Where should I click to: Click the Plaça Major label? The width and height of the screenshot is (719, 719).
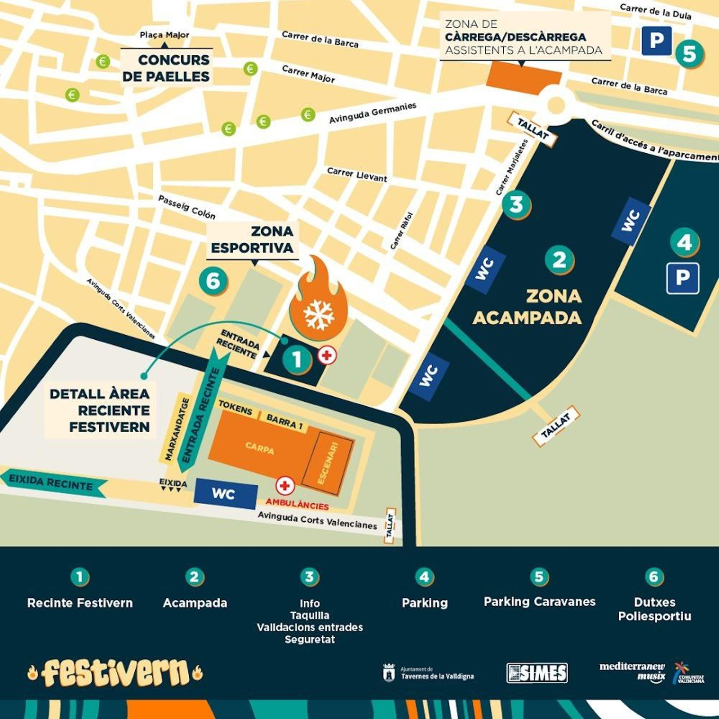tap(164, 35)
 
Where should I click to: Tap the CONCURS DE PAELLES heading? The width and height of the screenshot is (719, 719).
tap(166, 68)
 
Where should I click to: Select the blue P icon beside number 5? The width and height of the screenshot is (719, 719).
tap(656, 41)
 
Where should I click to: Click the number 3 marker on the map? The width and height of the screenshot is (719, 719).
tap(516, 205)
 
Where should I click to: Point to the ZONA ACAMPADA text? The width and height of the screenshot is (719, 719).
tap(528, 307)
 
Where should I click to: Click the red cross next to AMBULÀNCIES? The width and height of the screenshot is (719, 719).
tap(285, 485)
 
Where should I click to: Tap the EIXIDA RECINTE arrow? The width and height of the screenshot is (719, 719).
tap(53, 483)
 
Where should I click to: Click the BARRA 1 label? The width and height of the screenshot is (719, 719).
tap(284, 422)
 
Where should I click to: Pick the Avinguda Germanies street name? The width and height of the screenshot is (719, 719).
tap(373, 113)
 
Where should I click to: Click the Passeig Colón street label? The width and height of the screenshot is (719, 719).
tap(186, 207)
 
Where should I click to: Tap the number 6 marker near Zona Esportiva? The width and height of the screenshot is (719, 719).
tap(213, 281)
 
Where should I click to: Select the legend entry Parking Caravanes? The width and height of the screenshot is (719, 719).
tap(539, 601)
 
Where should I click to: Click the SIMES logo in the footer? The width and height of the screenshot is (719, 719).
tap(537, 673)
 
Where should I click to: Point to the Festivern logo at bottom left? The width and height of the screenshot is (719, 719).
tap(115, 673)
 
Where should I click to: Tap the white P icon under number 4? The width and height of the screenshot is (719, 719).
tap(682, 278)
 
